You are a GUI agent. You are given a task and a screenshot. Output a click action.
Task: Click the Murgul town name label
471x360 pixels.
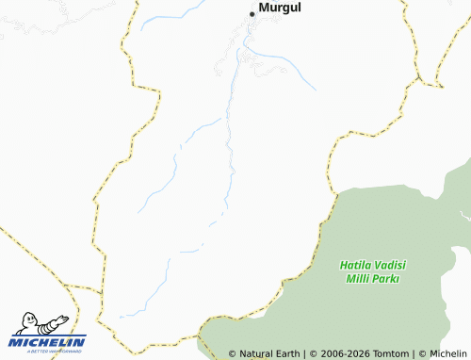coord(280,8)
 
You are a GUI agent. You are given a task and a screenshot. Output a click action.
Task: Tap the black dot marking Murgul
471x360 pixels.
coord(252,13)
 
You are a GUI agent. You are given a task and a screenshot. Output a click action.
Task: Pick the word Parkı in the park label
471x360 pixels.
coord(388,279)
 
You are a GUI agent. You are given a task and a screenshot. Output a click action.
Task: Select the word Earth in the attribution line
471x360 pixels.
coord(289,353)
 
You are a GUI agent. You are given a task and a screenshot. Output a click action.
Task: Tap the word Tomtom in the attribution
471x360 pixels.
coord(392,353)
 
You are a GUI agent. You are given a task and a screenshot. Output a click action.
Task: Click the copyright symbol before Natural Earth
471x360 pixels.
coord(233,353)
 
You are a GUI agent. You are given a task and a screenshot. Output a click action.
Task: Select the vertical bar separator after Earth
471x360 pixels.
coord(305,353)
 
